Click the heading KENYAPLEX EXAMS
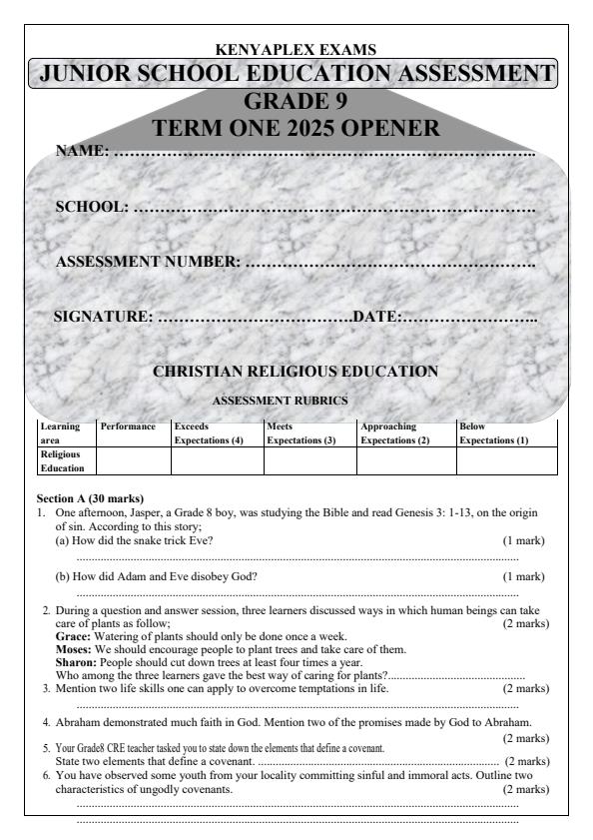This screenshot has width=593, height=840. pyautogui.click(x=296, y=49)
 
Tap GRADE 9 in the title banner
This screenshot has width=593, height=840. pyautogui.click(x=296, y=102)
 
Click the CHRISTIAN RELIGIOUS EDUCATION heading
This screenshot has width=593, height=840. pyautogui.click(x=296, y=372)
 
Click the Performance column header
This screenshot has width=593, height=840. pyautogui.click(x=129, y=427)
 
